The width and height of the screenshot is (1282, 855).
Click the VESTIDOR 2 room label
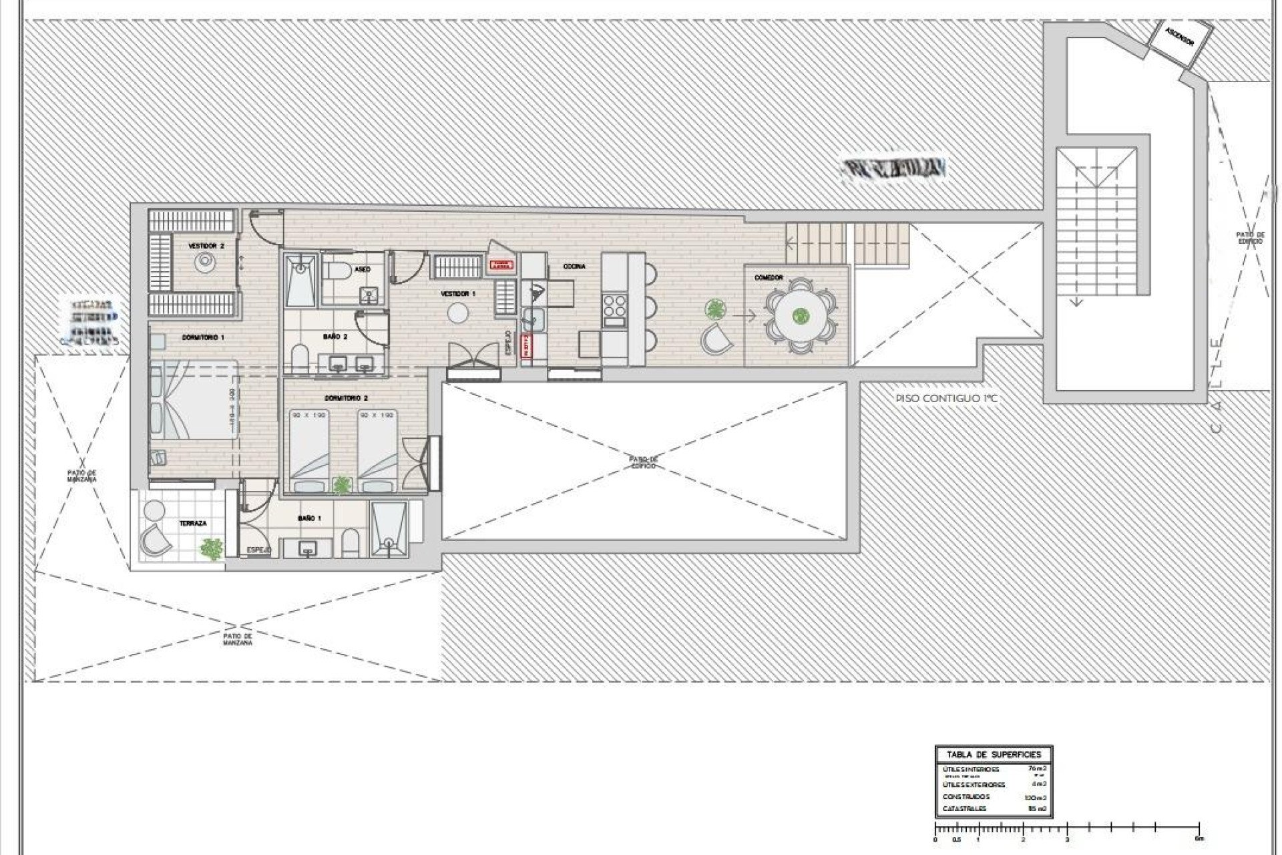pos(206,246)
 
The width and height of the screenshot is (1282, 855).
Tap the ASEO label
pos(363,269)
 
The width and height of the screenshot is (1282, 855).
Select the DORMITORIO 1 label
pos(203,337)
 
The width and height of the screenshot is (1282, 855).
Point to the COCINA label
pos(574,267)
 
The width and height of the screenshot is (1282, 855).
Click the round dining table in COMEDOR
pos(800,316)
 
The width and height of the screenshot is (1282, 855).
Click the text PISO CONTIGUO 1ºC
pos(947,399)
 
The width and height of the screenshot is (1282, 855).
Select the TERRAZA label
pos(192,524)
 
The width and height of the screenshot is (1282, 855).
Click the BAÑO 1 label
pos(310,518)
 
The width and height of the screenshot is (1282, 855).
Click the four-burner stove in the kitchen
pos(614,306)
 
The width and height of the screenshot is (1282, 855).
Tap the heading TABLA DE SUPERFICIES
pos(994,754)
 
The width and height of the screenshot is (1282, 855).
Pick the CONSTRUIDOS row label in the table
pos(966,797)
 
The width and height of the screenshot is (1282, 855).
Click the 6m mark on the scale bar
pos(1200,839)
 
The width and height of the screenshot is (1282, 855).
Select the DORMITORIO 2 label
pos(346,398)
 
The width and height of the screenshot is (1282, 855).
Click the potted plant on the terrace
pos(211,549)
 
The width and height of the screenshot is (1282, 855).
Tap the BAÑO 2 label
pos(335,337)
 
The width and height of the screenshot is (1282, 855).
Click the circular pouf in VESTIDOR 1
pos(458,312)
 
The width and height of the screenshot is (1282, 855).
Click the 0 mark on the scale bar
pos(935,839)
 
